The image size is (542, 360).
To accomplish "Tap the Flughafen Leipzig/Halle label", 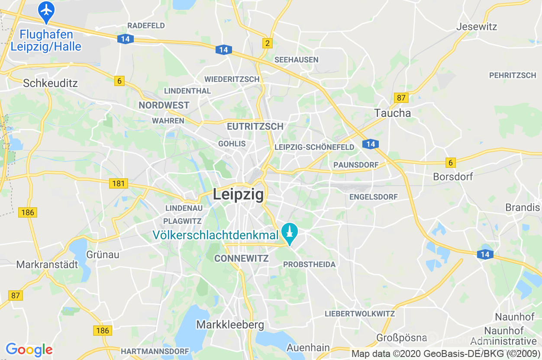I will click(46, 40).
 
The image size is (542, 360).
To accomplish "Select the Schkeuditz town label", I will click(50, 83).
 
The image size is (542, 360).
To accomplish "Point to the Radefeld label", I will click(146, 26).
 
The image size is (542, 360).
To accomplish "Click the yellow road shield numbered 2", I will click(268, 43).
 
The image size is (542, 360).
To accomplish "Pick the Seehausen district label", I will click(297, 60).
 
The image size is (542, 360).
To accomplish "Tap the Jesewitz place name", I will click(477, 26).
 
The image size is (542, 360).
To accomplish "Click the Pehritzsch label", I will click(513, 75).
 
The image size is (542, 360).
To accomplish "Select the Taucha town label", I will click(393, 113).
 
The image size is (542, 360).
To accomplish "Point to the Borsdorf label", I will click(453, 177).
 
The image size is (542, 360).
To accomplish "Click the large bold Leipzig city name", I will click(238, 195).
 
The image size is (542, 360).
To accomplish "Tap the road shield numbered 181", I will click(118, 183).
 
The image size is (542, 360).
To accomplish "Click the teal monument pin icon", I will click(289, 233).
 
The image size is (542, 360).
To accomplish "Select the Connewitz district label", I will click(242, 259).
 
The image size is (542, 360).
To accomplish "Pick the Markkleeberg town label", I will click(230, 325).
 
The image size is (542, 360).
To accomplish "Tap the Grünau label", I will click(103, 254).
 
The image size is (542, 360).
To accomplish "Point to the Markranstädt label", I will click(47, 264).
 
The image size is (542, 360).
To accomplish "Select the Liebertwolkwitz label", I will click(360, 314).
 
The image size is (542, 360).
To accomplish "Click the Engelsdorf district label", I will click(373, 197).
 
